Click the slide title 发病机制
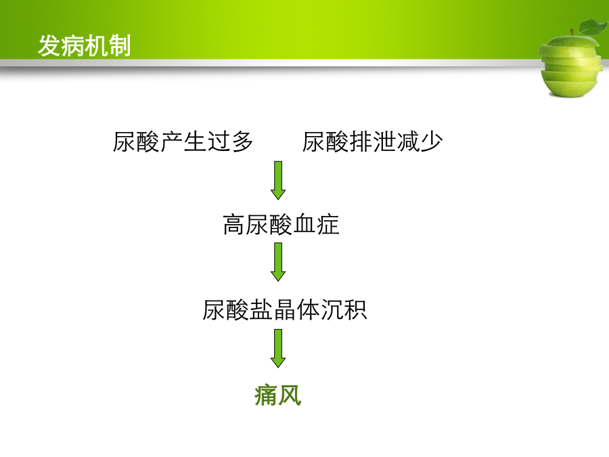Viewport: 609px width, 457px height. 85,46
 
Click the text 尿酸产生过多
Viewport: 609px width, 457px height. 183,142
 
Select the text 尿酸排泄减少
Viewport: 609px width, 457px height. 372,142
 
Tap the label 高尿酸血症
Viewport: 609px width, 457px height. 281,225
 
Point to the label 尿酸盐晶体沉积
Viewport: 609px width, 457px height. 285,309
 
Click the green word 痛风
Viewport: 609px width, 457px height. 278,395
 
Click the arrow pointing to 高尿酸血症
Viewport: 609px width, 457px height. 278,180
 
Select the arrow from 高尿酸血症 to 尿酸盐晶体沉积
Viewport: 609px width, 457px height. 278,262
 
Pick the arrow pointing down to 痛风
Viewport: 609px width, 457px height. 278,348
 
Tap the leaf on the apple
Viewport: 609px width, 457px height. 593,27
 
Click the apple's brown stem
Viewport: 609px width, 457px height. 572,32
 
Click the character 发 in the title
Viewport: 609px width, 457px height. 49,46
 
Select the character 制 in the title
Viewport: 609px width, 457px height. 120,46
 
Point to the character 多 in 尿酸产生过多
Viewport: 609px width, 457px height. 242,142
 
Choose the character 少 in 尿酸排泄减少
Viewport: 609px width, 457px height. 432,142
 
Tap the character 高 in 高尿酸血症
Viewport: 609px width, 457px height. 234,225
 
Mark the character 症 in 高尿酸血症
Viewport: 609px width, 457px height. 328,225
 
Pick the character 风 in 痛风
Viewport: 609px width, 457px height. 290,395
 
